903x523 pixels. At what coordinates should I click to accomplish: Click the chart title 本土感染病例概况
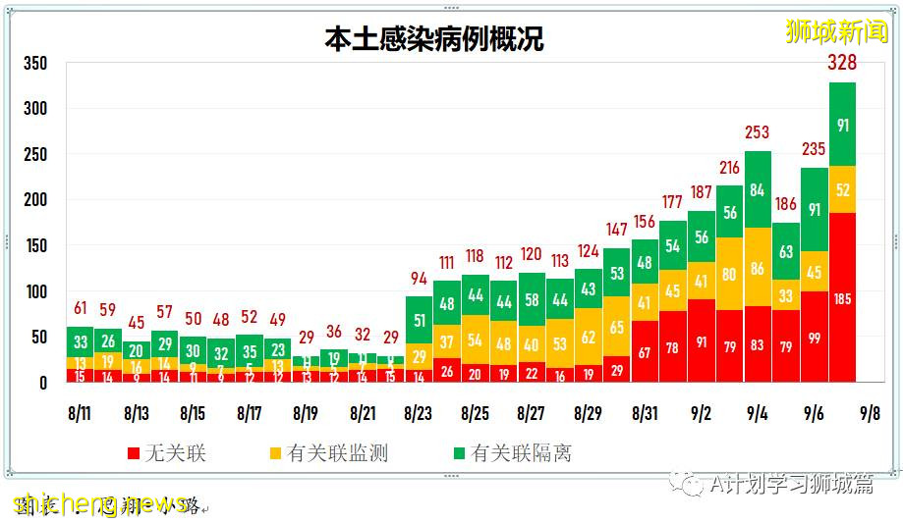tap(433, 39)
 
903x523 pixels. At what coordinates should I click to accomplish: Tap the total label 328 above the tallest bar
tap(842, 64)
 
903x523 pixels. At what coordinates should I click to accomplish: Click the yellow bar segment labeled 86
tap(758, 267)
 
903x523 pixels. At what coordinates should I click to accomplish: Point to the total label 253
tap(758, 133)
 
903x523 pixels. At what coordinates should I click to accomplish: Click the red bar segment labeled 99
tap(814, 338)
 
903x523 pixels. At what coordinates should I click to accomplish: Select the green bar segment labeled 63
tap(786, 252)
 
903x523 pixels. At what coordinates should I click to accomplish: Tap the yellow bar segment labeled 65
tap(616, 328)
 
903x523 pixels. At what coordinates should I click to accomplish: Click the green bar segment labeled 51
tap(419, 321)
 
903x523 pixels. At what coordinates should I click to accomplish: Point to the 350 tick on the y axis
tap(35, 64)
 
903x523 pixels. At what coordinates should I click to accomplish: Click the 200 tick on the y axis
tap(35, 200)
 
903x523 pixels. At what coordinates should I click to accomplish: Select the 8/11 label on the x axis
tap(81, 414)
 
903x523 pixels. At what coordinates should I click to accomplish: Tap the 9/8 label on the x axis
tap(870, 414)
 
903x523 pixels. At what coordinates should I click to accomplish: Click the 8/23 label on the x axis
tap(419, 414)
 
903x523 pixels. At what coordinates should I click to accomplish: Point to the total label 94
tap(419, 278)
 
